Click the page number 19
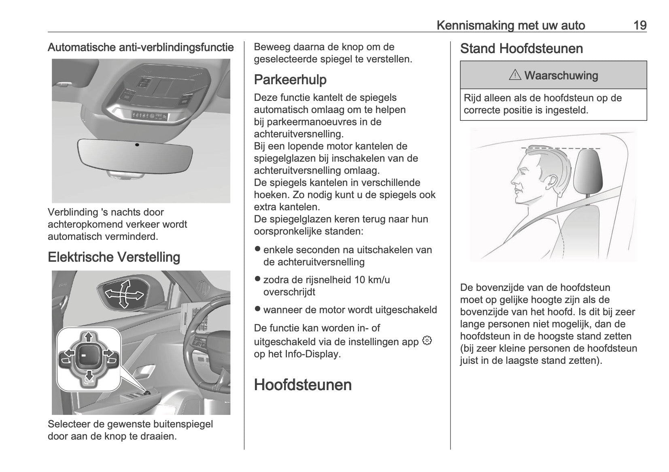click(639, 26)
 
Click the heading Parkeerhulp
click(290, 80)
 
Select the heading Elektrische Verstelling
click(114, 257)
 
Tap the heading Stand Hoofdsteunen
click(521, 49)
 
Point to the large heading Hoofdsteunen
click(303, 385)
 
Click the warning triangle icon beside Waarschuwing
click(515, 75)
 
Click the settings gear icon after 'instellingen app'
click(427, 341)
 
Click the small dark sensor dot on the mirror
click(137, 145)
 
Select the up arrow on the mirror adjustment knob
click(88, 336)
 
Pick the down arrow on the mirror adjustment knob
click(88, 376)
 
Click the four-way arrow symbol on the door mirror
click(124, 293)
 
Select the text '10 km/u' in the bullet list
click(372, 280)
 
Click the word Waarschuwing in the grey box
click(561, 75)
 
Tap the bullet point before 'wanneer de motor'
click(257, 309)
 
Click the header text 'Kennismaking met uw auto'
click(511, 26)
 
